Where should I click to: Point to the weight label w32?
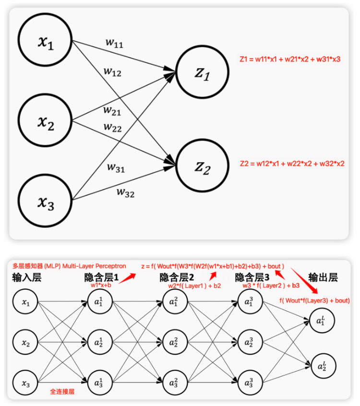click(x=125, y=193)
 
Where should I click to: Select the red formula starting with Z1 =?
click(x=290, y=60)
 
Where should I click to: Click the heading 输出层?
click(x=323, y=277)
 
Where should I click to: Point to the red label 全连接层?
click(x=62, y=391)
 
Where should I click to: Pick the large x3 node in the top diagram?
click(x=46, y=200)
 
